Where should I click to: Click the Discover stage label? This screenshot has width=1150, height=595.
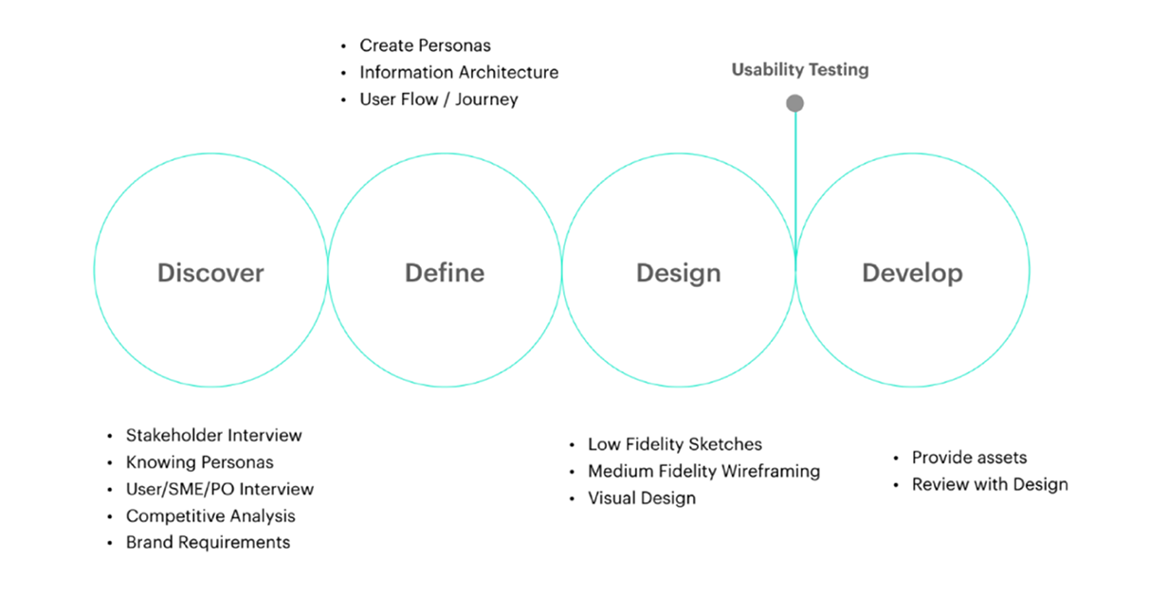(x=210, y=273)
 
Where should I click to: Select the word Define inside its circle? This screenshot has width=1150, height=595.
(x=445, y=273)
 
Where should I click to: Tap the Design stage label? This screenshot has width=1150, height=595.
(x=678, y=273)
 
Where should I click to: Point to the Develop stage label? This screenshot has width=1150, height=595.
(x=912, y=273)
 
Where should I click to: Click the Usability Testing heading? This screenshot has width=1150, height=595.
(x=799, y=69)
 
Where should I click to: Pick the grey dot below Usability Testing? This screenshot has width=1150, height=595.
(x=794, y=103)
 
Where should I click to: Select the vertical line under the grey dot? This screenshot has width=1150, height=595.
(x=795, y=180)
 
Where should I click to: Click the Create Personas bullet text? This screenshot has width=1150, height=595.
(x=425, y=45)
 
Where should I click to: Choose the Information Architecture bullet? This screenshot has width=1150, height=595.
(x=459, y=72)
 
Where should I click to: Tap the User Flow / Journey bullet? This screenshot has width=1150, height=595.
(x=439, y=99)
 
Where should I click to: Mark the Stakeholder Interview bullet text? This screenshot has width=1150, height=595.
(x=213, y=436)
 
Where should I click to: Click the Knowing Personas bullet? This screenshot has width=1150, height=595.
(x=199, y=462)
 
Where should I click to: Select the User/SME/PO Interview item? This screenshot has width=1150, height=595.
(x=219, y=490)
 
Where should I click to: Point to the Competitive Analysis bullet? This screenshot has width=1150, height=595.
(x=210, y=516)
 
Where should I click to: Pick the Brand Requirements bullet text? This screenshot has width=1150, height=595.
(x=208, y=543)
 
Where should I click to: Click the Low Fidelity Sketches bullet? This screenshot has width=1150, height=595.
(x=674, y=444)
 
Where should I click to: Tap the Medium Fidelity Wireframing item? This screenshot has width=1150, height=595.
(x=703, y=471)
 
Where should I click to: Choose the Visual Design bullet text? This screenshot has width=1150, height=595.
(x=641, y=498)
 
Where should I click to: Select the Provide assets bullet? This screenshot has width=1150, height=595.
(x=969, y=458)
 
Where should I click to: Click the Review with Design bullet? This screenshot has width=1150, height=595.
(x=990, y=484)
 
